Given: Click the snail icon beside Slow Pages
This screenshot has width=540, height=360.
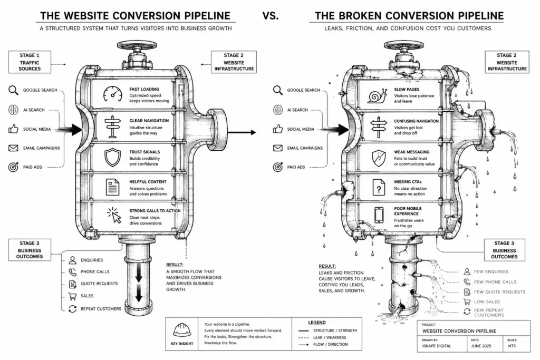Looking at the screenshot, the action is click(x=378, y=96).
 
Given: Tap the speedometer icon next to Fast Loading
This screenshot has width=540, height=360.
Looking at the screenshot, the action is click(x=113, y=94).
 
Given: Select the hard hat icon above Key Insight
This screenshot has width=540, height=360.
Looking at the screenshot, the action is click(x=182, y=330).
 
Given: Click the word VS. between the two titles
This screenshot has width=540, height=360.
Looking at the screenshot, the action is click(x=271, y=16).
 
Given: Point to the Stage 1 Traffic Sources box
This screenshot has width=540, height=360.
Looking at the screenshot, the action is click(x=30, y=62).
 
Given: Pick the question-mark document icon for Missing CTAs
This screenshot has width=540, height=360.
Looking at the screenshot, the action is click(x=379, y=188).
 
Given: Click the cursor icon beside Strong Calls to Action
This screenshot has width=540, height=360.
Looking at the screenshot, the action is click(x=114, y=215).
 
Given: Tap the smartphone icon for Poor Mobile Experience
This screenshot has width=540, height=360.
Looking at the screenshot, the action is click(x=379, y=215).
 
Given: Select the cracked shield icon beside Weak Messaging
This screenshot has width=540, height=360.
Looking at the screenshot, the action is click(x=379, y=158).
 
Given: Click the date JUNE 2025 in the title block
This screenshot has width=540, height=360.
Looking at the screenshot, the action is click(x=481, y=346).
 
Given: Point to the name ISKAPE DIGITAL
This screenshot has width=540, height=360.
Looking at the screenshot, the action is click(x=436, y=346).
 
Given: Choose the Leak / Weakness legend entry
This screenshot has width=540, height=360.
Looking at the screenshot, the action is click(x=322, y=337).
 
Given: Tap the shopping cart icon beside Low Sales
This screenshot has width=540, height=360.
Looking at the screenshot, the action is click(x=467, y=302).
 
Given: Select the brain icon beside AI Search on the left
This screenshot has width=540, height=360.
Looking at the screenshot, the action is click(x=13, y=110).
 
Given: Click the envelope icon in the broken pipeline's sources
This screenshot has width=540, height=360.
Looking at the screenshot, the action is click(x=277, y=148).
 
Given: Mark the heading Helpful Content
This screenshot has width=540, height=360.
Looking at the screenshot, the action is click(x=148, y=182).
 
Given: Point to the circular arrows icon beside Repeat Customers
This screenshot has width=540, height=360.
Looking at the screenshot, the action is click(x=72, y=309).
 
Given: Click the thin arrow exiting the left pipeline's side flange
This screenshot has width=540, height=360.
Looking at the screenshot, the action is click(x=242, y=132).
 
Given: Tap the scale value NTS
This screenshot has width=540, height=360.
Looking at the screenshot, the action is click(x=512, y=346).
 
